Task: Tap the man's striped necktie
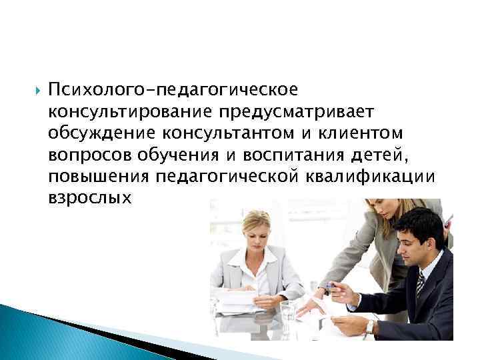pyautogui.click(x=420, y=284)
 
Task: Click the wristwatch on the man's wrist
pyautogui.click(x=369, y=327)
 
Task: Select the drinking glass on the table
pyautogui.click(x=287, y=313)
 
